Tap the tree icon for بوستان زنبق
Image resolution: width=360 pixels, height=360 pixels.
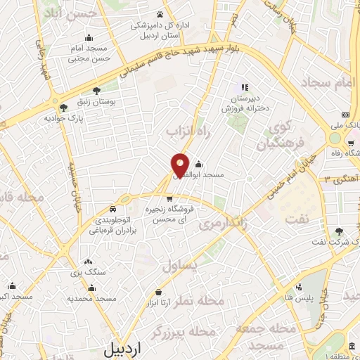[x=96, y=90]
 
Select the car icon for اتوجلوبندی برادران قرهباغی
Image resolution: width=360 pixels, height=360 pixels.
[x=113, y=209]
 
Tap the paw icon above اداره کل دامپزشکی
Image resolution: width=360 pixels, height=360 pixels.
[x=160, y=13]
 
